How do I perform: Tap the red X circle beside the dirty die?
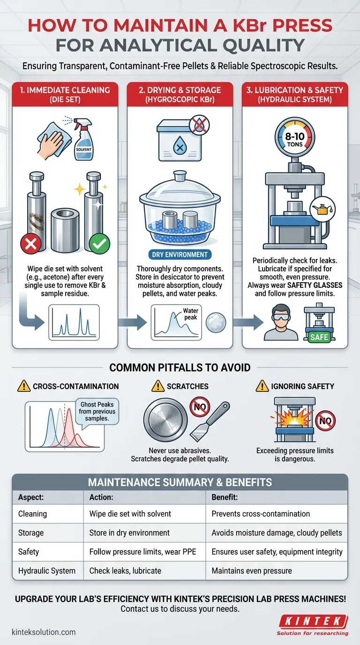pos(31,244)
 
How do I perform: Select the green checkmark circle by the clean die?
pos(99,244)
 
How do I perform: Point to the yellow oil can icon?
pos(322,209)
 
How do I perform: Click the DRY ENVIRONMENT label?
pos(180,255)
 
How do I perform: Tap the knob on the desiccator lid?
pos(180,176)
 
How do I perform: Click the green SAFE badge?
pos(319,337)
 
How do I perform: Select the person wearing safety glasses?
pos(281,323)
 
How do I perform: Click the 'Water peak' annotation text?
pos(190,314)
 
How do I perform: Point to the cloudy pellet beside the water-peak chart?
pos(216,322)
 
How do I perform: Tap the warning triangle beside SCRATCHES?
pos(158,386)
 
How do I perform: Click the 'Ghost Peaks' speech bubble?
pos(97,412)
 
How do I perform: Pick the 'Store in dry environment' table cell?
pos(129,532)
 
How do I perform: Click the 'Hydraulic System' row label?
pos(47,571)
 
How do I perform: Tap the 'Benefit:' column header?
pos(225,497)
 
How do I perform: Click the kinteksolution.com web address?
pos(44,632)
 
